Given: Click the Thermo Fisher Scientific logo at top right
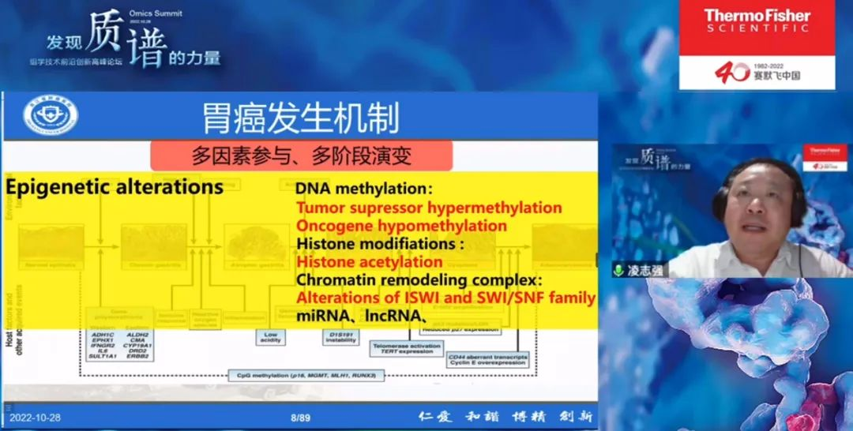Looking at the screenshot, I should point(757,21).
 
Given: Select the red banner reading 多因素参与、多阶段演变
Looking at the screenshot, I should point(301,156).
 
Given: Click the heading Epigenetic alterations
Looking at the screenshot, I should point(115,187).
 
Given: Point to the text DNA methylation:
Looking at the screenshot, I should point(364,189).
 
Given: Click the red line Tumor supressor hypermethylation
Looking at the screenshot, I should point(429,208).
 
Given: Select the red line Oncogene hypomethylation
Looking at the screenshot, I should point(401,226).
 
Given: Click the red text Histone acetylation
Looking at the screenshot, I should point(369,262).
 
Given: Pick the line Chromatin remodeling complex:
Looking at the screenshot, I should point(419,280).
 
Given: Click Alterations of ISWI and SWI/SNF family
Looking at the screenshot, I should point(445,298).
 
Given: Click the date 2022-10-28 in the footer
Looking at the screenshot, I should point(34,417).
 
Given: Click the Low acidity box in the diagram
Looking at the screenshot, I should point(270,337).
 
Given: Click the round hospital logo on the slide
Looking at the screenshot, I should point(51,116).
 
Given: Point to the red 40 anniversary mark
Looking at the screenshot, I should point(731,73).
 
